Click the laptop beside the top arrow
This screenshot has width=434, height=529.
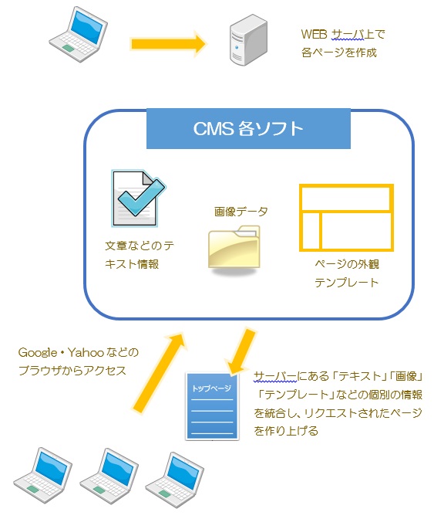pos(78,34)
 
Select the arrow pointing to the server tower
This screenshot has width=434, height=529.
pos(168,44)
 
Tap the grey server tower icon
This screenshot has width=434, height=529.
pos(248,40)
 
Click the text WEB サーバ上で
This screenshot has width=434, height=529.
pos(343,34)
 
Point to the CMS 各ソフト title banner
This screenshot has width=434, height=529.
pos(248,128)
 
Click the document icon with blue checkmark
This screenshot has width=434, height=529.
pos(139,198)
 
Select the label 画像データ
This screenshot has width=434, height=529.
pos(241,212)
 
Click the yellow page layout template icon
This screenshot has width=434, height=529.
pos(346,218)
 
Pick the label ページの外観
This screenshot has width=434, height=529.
pos(347,264)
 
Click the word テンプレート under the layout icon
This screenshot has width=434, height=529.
pos(347,282)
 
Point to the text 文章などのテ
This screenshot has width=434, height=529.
pos(140,246)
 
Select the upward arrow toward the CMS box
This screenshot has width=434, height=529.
pos(160,371)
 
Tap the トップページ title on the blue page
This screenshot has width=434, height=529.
pos(212,388)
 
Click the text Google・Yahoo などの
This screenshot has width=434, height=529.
pos(78,353)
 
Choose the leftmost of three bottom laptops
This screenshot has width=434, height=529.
pos(42,476)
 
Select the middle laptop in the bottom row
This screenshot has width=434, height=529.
pos(109,476)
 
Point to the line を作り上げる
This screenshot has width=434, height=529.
pos(286,431)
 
